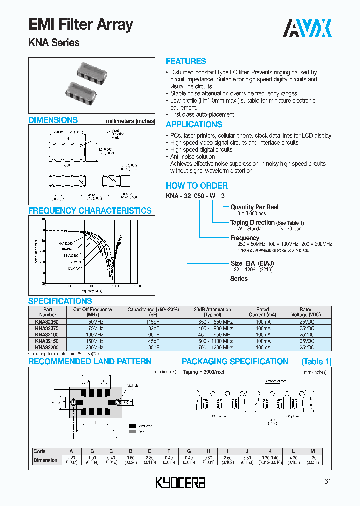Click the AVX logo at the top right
pos(307,28)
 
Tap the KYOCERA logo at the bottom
pos(180,483)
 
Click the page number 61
pos(328,482)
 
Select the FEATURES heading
pos(186,61)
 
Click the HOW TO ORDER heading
pos(196,185)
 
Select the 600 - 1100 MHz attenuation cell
pos(215,341)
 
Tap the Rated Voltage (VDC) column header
pos(306,312)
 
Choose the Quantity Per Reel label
pos(254,207)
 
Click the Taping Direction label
pos(252,222)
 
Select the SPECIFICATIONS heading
pos(60,301)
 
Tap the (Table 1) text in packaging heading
pos(316,361)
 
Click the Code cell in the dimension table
pos(39,451)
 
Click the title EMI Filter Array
pos(81,24)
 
